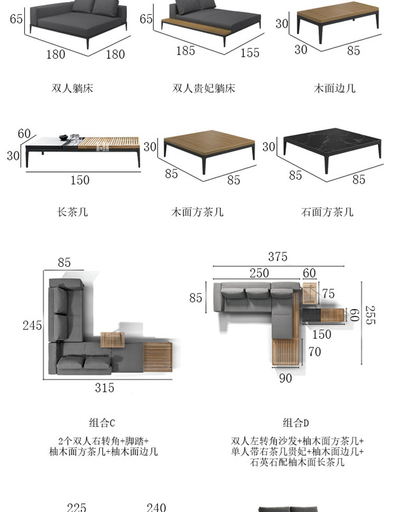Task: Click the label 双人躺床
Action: click(x=72, y=88)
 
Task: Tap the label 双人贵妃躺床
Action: click(x=203, y=88)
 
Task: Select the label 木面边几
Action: click(x=335, y=88)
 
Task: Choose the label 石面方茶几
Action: click(x=327, y=212)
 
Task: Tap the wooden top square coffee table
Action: click(x=209, y=145)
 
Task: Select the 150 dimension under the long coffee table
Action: click(x=79, y=180)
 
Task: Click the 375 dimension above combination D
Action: click(x=278, y=257)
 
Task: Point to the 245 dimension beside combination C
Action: click(x=32, y=325)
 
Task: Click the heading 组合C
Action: click(x=102, y=422)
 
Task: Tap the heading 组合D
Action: click(x=296, y=422)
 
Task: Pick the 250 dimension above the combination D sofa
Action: click(x=258, y=273)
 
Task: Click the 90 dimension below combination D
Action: click(x=285, y=378)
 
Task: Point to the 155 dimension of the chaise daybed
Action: click(x=249, y=53)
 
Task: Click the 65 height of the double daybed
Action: click(x=17, y=19)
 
